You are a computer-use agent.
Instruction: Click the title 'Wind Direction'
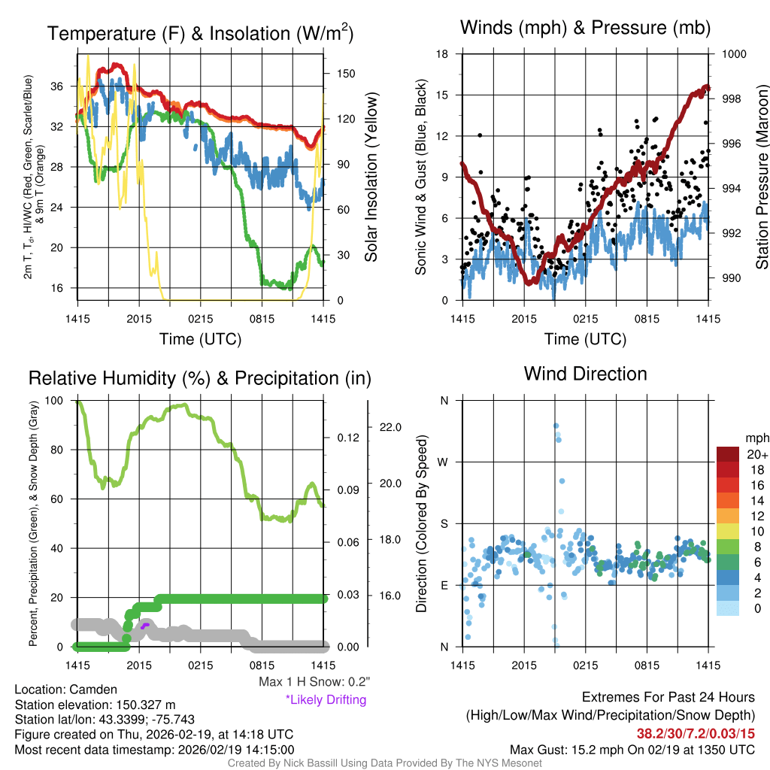(x=585, y=374)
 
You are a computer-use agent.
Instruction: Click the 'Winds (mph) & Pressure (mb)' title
(x=585, y=29)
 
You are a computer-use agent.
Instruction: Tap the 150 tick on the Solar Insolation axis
(x=346, y=74)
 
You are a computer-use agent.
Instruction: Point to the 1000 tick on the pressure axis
(x=733, y=54)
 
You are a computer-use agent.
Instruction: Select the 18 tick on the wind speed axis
(x=442, y=54)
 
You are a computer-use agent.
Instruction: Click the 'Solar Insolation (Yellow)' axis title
(x=371, y=177)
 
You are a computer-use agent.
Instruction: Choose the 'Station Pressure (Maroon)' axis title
(x=761, y=177)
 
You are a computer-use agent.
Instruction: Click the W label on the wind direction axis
(x=444, y=462)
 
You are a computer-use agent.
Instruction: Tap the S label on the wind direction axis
(x=444, y=523)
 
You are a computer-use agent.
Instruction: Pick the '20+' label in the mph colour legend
(x=756, y=454)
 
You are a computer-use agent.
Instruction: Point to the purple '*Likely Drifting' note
(x=326, y=699)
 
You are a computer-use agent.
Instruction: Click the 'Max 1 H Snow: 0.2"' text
(x=313, y=682)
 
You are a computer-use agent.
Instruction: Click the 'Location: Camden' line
(x=66, y=690)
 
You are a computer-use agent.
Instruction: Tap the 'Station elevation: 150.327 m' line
(x=95, y=705)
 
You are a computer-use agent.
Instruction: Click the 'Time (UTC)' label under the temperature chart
(x=200, y=339)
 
